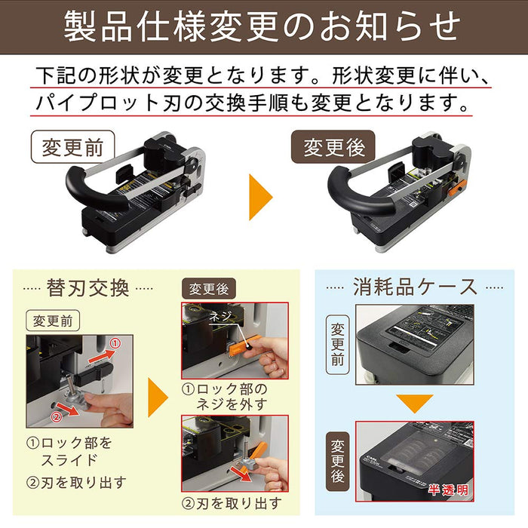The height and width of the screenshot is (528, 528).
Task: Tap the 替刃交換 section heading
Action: tap(88, 288)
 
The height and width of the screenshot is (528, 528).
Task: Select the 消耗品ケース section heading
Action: tap(416, 287)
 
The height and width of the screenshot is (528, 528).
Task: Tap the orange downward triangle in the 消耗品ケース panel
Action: tap(415, 402)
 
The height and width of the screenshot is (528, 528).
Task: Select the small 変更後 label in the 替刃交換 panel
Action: tap(209, 289)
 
